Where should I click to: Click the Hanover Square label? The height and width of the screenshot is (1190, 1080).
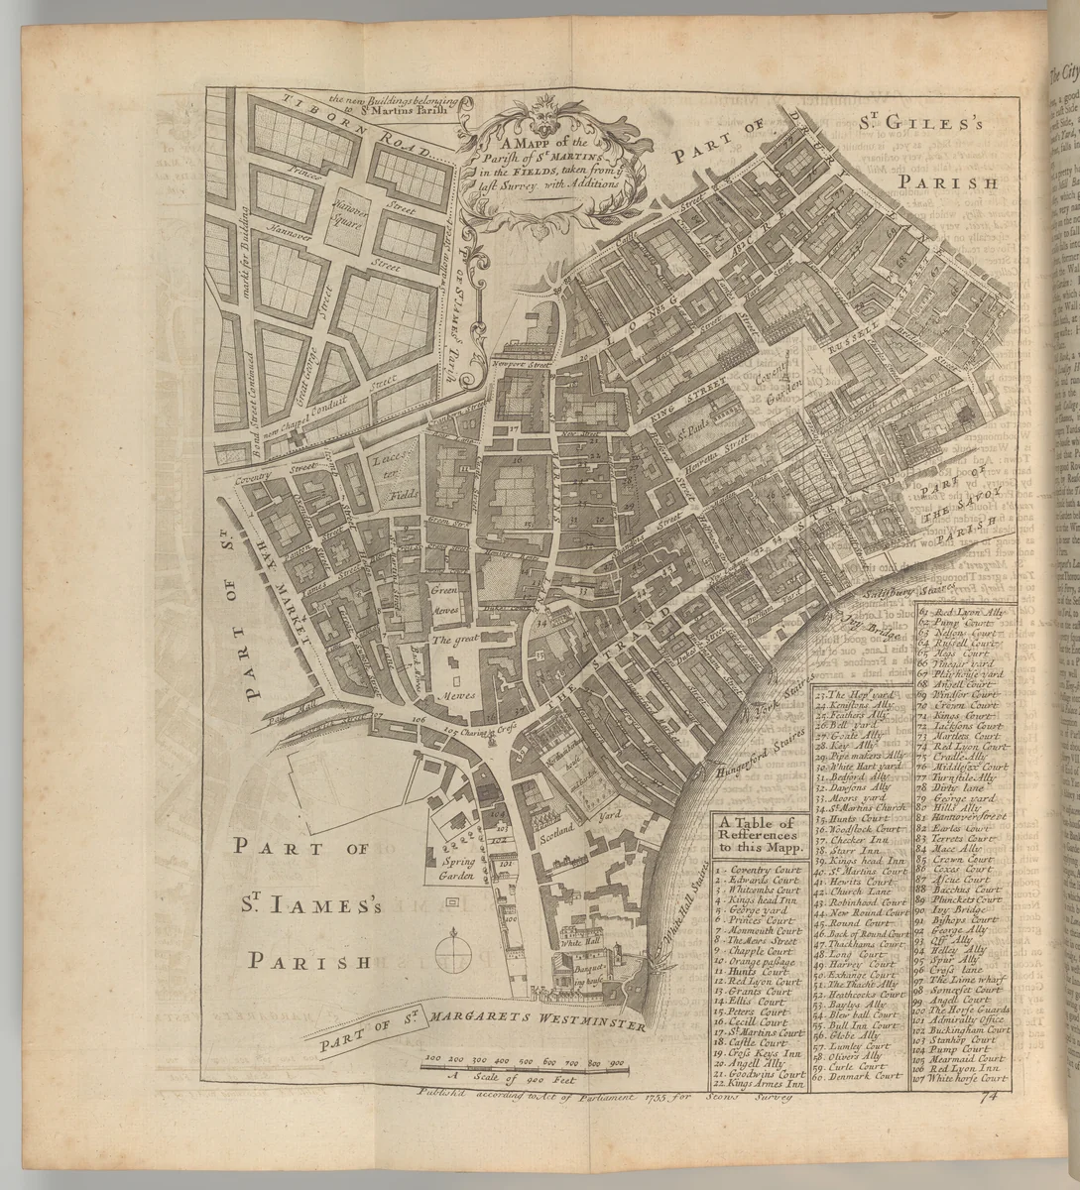coord(350,206)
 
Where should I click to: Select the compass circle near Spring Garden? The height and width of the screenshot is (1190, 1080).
coord(456,954)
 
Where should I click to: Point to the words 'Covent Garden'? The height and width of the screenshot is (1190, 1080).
coord(788,378)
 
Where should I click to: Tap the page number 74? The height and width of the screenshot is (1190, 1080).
coord(986,1097)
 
